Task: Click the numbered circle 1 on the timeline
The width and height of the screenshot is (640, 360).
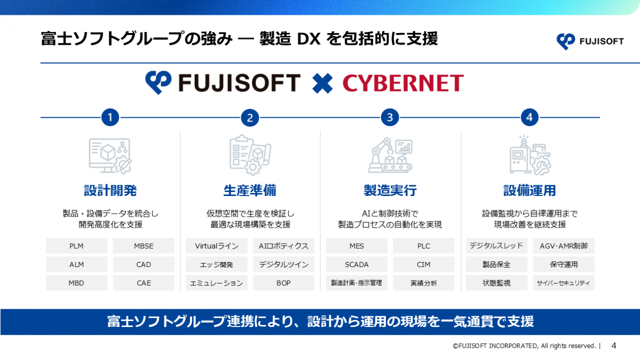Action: (110, 117)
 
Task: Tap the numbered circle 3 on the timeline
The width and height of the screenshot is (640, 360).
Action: (390, 117)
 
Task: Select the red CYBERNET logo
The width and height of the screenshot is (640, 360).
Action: (403, 83)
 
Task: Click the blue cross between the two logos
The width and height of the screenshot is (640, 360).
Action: (322, 83)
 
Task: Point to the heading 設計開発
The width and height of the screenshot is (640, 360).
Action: (110, 190)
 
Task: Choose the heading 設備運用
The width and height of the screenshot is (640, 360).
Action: (529, 190)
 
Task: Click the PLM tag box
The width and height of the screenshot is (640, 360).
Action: (77, 246)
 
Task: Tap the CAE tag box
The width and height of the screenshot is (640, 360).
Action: (143, 283)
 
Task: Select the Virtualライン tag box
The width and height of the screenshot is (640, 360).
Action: (217, 246)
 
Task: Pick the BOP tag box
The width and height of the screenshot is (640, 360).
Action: (284, 283)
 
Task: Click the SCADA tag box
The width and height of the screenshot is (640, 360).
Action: (356, 264)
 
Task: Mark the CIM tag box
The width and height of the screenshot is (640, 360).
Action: (423, 264)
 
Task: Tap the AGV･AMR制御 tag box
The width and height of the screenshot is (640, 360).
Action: (563, 246)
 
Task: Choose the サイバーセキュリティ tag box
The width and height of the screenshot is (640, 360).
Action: (563, 283)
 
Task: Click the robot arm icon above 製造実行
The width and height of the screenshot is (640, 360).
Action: (390, 156)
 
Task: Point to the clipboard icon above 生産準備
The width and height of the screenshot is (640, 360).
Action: (250, 155)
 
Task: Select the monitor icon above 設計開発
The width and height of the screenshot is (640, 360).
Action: (110, 156)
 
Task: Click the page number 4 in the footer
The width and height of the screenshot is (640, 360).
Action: (614, 346)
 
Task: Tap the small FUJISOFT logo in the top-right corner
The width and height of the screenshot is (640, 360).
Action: (590, 42)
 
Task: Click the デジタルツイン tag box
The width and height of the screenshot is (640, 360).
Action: (284, 264)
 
